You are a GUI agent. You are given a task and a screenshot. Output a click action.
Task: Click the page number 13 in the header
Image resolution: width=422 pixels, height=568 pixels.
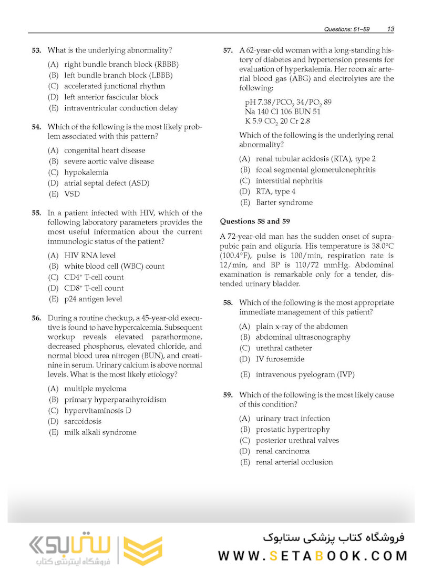391,29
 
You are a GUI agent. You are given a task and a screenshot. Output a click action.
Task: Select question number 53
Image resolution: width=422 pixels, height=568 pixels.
36,50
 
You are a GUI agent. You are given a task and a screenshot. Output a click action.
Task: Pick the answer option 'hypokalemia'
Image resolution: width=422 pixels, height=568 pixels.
86,173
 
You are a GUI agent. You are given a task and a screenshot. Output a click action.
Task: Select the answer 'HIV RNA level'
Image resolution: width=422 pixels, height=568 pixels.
90,256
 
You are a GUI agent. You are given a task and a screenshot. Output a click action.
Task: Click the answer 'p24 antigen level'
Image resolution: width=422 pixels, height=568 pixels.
93,299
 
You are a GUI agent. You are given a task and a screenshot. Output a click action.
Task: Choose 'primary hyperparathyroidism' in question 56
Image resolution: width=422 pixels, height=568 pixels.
115,400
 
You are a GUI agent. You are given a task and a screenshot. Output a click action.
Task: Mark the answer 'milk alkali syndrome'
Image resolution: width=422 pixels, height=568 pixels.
100,432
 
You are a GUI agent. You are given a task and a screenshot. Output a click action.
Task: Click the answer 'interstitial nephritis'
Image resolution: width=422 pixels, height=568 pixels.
289,181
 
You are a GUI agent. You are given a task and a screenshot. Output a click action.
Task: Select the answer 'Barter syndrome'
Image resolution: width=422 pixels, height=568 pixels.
284,202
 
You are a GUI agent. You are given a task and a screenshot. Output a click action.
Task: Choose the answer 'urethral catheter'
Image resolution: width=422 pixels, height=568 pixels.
284,348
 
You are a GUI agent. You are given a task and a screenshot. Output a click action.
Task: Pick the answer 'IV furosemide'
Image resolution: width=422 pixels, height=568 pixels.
280,359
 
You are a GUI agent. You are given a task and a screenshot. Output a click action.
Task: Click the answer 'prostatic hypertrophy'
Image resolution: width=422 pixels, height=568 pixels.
293,430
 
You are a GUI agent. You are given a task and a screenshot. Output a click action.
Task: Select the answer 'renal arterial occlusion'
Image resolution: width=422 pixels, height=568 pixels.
294,462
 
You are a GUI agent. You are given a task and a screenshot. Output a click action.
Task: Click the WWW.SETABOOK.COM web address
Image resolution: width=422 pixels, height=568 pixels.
313,556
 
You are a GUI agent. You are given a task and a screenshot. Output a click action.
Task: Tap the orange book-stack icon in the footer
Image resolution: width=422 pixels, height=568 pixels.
142,551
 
